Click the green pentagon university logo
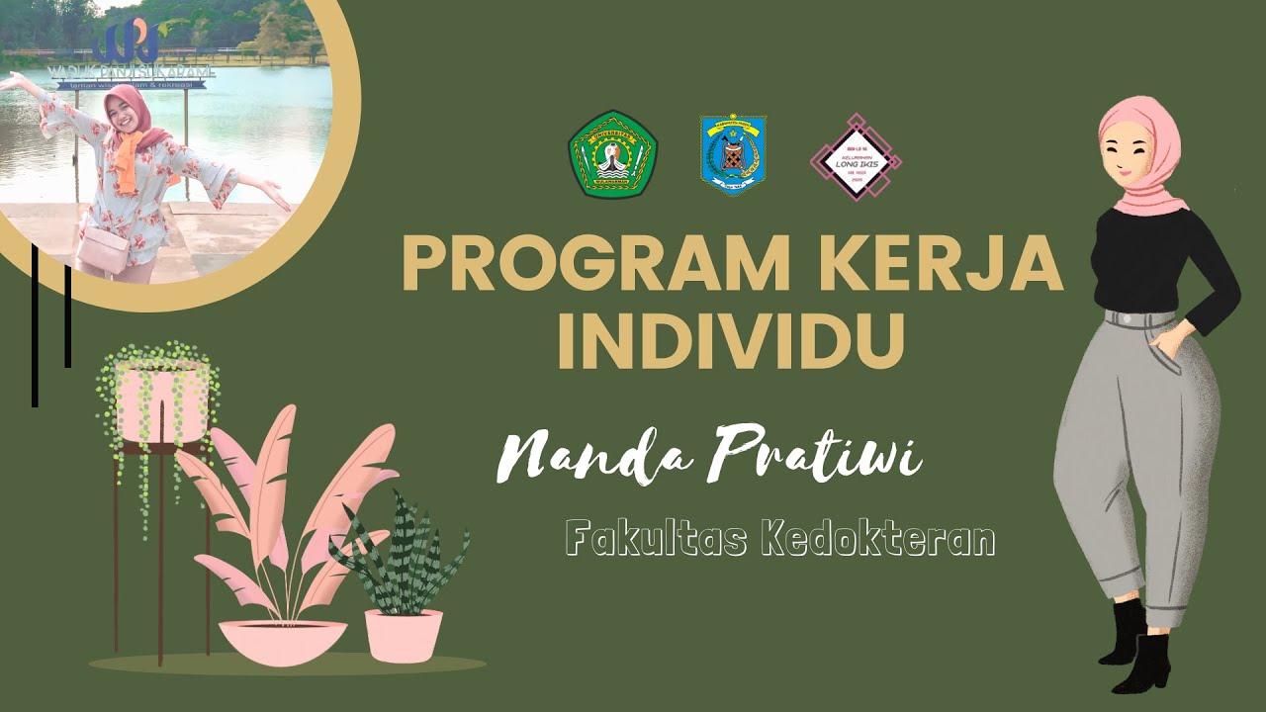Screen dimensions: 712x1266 (612, 154)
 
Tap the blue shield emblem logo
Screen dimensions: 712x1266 (733, 153)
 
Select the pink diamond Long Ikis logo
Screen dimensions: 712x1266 (855, 156)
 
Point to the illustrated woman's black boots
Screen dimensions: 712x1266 (1137, 648)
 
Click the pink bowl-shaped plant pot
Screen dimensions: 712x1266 (283, 641)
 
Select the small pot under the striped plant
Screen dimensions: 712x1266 (404, 635)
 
